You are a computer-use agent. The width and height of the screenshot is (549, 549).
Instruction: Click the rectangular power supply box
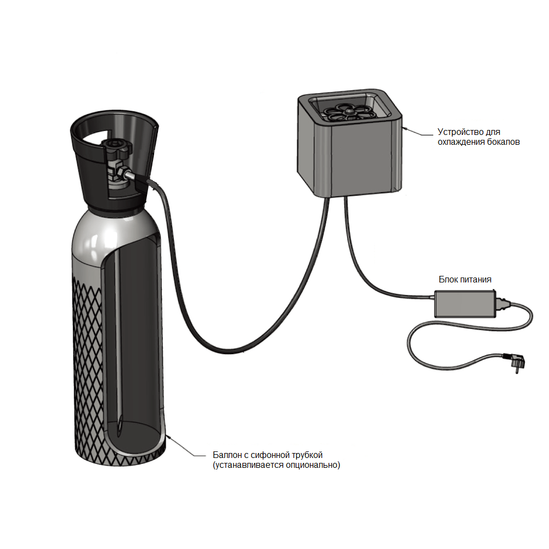tap(465, 303)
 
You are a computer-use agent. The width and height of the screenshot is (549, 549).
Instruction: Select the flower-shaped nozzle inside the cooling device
tap(348, 112)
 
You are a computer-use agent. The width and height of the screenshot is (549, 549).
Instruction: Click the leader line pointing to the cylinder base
tap(185, 446)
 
